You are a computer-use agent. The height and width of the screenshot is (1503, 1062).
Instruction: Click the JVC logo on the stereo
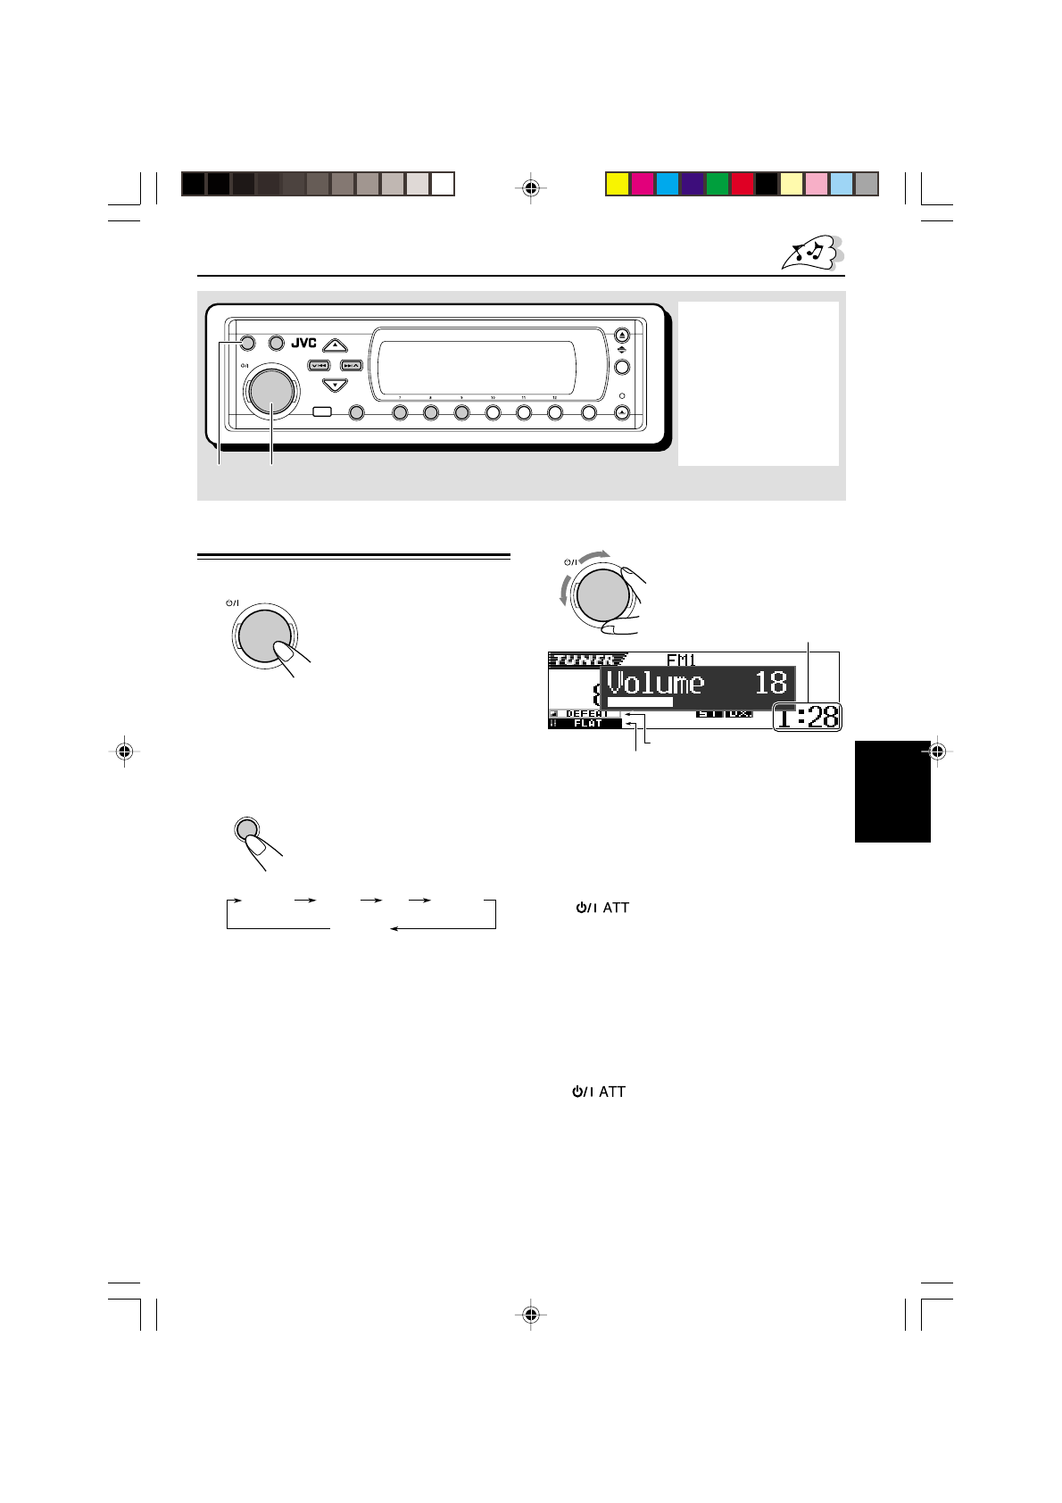pos(304,343)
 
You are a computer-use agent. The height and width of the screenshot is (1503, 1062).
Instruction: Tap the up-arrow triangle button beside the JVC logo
pos(334,344)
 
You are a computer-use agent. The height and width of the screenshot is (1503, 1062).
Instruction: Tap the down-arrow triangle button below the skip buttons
pos(334,386)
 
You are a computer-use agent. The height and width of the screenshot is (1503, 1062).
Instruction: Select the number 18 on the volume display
pos(771,684)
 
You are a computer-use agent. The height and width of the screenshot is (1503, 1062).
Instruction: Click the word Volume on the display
pos(655,684)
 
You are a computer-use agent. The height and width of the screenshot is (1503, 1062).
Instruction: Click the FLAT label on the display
pos(588,724)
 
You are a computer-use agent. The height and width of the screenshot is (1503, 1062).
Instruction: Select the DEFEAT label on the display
pos(586,714)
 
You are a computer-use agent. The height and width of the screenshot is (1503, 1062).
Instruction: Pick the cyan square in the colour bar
pos(668,184)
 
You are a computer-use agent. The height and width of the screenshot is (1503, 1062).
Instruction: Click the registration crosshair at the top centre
pos(531,187)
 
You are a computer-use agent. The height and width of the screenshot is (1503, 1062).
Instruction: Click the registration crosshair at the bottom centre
pos(531,1314)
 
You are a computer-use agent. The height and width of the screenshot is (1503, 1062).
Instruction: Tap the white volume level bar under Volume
pos(639,702)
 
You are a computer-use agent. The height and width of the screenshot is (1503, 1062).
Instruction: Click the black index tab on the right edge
pos(892,790)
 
